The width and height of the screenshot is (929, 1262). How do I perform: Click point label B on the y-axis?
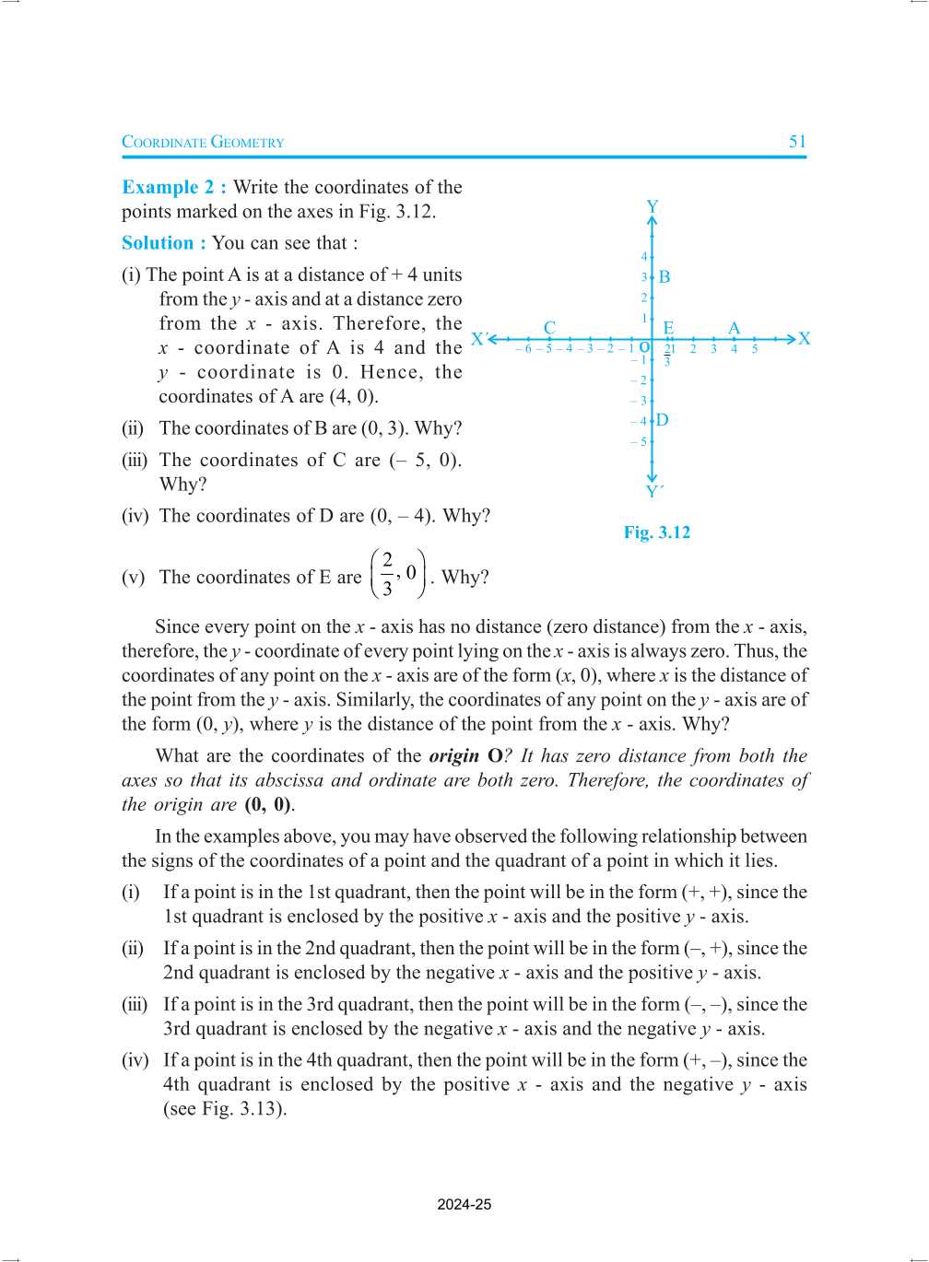[664, 277]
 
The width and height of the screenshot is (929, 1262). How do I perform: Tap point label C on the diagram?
[549, 328]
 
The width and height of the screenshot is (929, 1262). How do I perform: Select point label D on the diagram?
[663, 420]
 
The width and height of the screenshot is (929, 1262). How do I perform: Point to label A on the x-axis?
[734, 328]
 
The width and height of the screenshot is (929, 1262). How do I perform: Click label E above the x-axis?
[668, 328]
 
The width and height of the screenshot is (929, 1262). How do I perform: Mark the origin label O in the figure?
[644, 348]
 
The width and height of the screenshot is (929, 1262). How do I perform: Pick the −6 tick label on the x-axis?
[523, 349]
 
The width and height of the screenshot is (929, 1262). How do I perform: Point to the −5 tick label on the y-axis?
[639, 442]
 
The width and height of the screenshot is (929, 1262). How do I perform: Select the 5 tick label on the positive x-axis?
[755, 349]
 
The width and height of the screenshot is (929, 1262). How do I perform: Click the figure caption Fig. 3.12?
[656, 532]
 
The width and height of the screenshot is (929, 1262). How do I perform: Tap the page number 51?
[797, 142]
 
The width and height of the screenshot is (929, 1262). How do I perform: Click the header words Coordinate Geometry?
[203, 142]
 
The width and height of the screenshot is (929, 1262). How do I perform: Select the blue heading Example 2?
[173, 187]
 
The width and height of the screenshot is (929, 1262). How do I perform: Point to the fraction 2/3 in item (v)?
[387, 574]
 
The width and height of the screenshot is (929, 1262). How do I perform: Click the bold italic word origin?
[453, 756]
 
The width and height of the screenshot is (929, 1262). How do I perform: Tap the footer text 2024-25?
[464, 1204]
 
